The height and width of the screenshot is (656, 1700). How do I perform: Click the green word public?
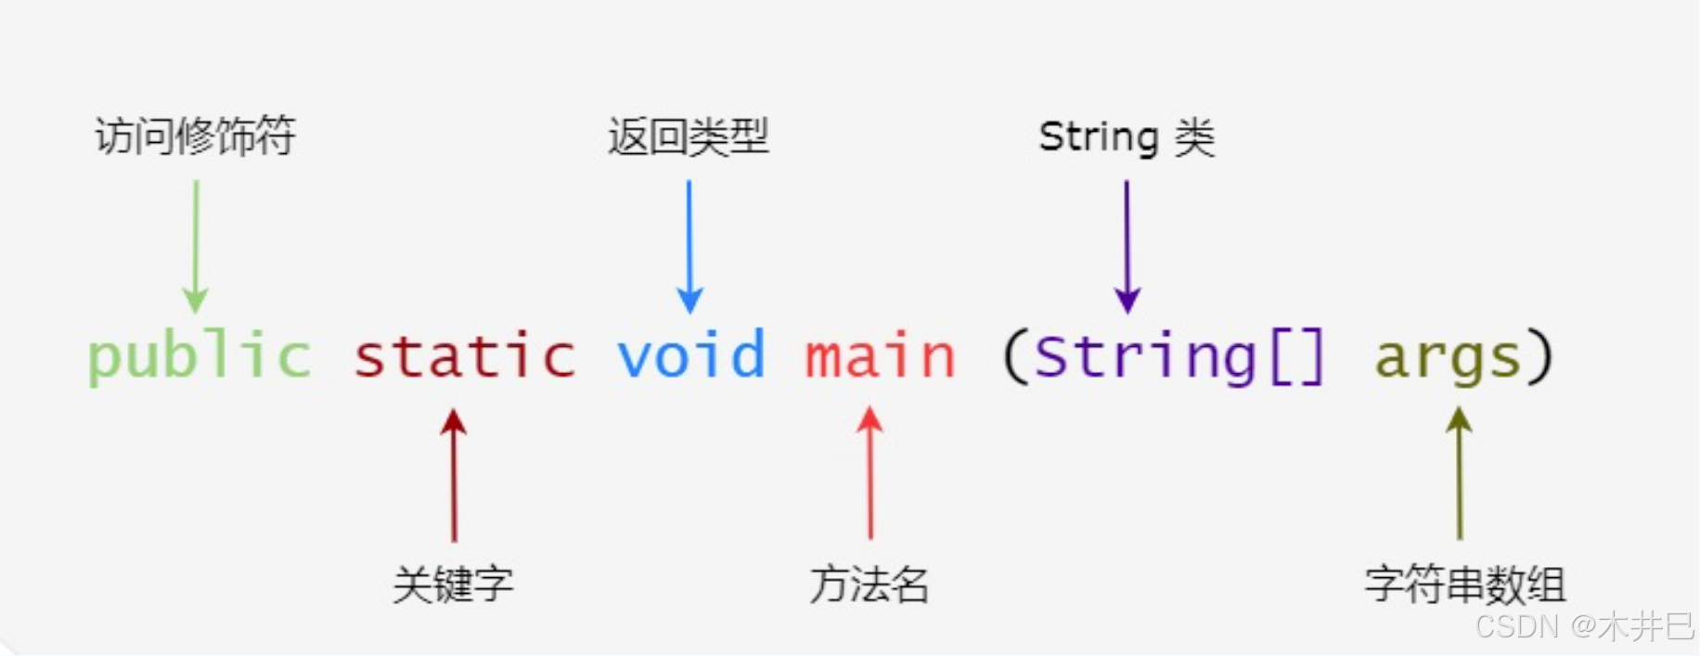click(x=199, y=357)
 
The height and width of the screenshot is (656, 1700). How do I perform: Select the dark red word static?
click(x=464, y=357)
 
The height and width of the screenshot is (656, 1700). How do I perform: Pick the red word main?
click(x=880, y=357)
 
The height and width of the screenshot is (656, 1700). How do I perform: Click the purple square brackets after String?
click(x=1296, y=357)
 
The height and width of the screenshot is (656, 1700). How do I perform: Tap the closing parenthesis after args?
click(x=1540, y=357)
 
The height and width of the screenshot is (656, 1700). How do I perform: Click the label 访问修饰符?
click(x=195, y=136)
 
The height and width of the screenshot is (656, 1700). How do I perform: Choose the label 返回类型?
click(x=689, y=137)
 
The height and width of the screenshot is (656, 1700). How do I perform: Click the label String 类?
click(x=1127, y=137)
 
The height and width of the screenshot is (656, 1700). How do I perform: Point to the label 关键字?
click(x=453, y=585)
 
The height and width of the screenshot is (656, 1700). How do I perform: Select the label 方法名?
click(x=869, y=585)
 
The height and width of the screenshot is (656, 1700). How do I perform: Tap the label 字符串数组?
click(x=1465, y=585)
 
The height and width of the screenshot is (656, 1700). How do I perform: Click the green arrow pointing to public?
click(x=196, y=246)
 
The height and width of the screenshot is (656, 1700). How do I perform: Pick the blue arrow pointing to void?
click(x=689, y=246)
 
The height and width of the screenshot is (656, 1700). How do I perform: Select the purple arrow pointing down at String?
click(x=1127, y=246)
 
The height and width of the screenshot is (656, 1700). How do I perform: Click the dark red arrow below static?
click(x=454, y=475)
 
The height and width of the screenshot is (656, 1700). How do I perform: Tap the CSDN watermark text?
click(x=1584, y=626)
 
